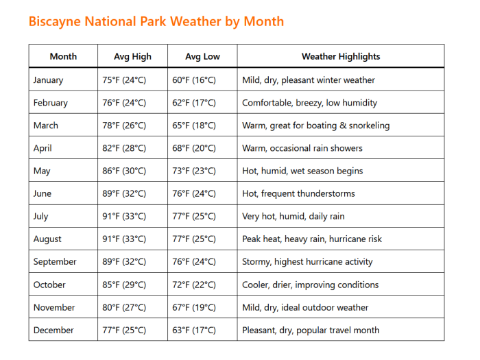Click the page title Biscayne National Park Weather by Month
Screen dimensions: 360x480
(x=156, y=21)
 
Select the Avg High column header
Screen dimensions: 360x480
(x=132, y=56)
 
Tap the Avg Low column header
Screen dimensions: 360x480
(x=202, y=56)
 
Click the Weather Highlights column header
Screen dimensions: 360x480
(x=341, y=56)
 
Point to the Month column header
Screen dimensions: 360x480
(x=63, y=56)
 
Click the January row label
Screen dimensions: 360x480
(x=48, y=80)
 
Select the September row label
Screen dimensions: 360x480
(x=55, y=262)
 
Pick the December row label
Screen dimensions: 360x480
(x=53, y=330)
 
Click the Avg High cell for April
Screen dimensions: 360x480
(x=124, y=148)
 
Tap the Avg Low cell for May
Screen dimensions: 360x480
(x=194, y=171)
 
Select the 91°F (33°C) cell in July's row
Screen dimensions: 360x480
(x=124, y=217)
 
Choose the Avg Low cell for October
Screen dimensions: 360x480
(x=194, y=285)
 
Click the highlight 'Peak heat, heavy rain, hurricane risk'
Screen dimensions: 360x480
(x=312, y=239)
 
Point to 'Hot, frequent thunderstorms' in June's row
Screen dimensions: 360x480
(x=298, y=194)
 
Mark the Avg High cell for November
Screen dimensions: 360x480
(x=124, y=307)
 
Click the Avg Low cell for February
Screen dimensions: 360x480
(x=194, y=103)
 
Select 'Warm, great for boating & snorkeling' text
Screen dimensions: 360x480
(x=315, y=125)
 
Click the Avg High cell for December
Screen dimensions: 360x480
(x=124, y=330)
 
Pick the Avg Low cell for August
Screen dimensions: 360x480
(x=194, y=239)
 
